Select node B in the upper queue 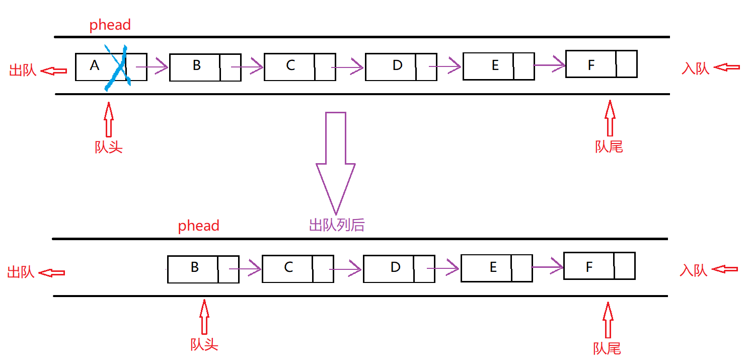click(204, 67)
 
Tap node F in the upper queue click(601, 63)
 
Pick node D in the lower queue click(399, 269)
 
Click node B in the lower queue click(203, 269)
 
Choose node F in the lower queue click(599, 265)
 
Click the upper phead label click(110, 25)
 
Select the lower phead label click(198, 226)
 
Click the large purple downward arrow click(336, 161)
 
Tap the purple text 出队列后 click(336, 225)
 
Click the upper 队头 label click(109, 147)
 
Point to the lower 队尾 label click(607, 348)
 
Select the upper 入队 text click(695, 68)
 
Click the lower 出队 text click(21, 272)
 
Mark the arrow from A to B click(152, 66)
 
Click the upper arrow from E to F click(550, 64)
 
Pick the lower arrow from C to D click(346, 269)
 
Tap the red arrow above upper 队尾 click(610, 118)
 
